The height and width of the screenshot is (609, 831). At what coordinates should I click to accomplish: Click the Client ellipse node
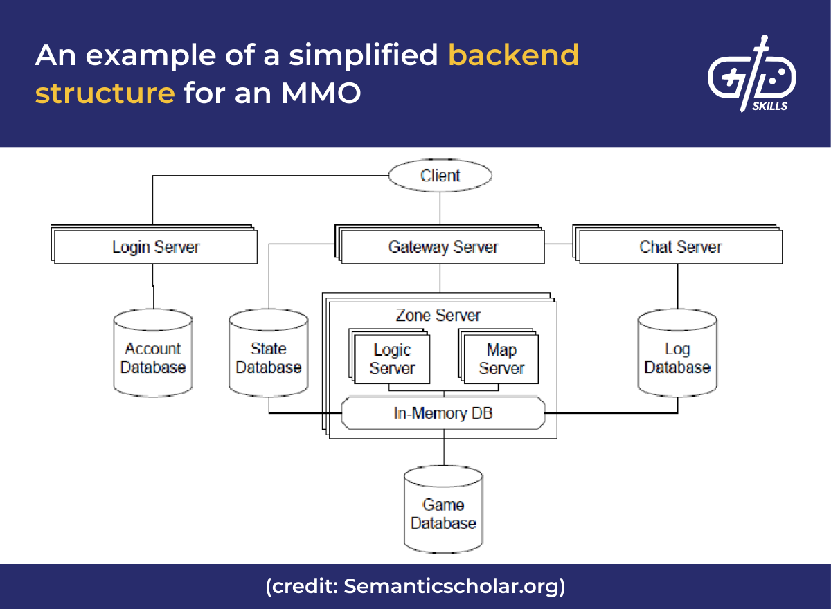(x=440, y=176)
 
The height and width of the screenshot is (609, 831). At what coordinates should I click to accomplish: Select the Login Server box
(x=155, y=247)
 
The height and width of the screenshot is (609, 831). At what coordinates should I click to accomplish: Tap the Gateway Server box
(x=443, y=247)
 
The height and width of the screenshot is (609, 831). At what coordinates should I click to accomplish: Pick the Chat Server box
(x=680, y=247)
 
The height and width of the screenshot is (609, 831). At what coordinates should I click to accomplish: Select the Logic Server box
(x=391, y=359)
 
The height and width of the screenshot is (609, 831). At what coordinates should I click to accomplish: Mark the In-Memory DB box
(x=443, y=414)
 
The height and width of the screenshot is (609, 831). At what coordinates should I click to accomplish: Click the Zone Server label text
(x=438, y=316)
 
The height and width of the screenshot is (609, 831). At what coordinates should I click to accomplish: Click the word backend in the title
(x=513, y=55)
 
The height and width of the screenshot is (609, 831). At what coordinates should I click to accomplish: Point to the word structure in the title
(x=105, y=93)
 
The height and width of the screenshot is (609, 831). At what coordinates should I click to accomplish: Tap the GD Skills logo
(x=751, y=74)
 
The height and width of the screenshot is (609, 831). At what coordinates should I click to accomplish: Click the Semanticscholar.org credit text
(x=454, y=587)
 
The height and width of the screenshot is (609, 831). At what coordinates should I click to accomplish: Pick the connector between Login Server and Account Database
(x=153, y=286)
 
